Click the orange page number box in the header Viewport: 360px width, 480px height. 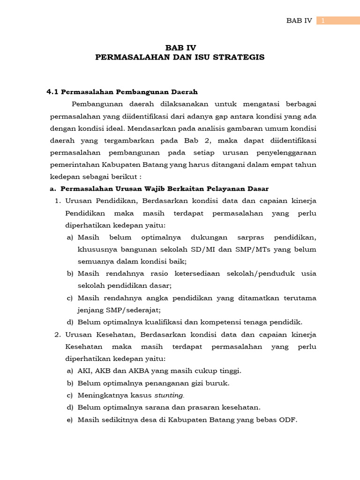(x=337, y=21)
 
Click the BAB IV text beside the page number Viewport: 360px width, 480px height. (x=299, y=21)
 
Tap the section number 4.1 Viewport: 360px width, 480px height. (x=52, y=91)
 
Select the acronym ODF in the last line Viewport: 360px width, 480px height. (x=288, y=420)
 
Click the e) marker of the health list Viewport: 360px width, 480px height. (x=70, y=420)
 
